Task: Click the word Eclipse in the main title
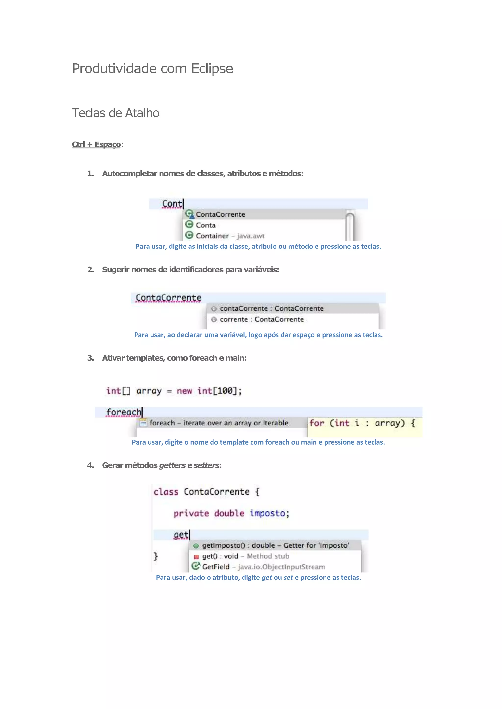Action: pos(212,69)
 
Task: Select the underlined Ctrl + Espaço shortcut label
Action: pos(96,144)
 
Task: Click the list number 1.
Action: pos(90,174)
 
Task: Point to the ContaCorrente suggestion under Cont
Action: pos(220,214)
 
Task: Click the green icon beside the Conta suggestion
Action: pos(189,225)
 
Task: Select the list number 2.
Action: pos(90,270)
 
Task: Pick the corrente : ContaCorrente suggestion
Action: pos(262,319)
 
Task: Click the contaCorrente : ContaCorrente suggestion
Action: pos(271,308)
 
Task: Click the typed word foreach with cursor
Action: pos(123,412)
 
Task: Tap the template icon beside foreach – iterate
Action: pos(143,423)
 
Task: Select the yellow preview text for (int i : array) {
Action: pos(362,423)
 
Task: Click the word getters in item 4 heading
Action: pos(172,465)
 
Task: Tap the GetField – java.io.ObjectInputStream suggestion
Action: pos(263,567)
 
